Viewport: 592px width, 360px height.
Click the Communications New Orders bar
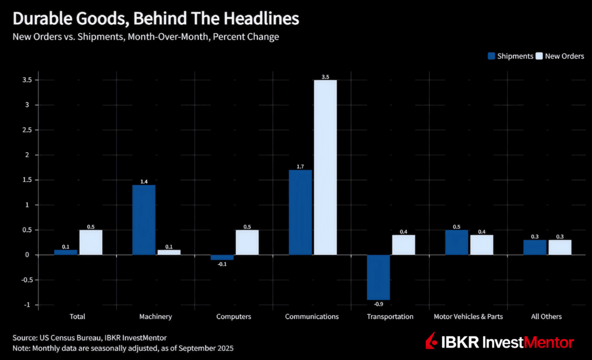tap(325, 167)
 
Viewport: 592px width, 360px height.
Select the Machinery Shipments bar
tap(144, 220)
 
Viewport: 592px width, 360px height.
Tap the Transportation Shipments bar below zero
tap(378, 277)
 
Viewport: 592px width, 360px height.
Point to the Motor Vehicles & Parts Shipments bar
tap(456, 242)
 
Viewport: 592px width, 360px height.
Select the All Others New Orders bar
tap(560, 247)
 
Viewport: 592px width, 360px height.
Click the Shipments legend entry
tap(511, 56)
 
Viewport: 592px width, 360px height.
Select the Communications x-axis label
tap(312, 316)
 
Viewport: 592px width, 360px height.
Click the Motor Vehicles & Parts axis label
tap(468, 316)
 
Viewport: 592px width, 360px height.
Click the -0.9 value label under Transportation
tap(378, 305)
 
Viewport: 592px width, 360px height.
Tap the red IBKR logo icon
tap(431, 341)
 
